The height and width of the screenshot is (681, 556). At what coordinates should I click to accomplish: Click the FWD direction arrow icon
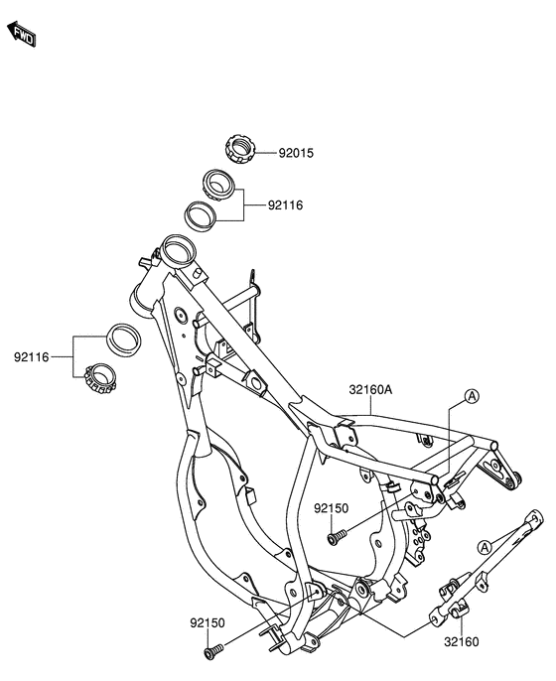click(x=22, y=35)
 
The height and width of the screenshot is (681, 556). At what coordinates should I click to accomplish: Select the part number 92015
click(x=295, y=154)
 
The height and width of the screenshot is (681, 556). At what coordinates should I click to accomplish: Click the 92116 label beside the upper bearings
click(x=284, y=205)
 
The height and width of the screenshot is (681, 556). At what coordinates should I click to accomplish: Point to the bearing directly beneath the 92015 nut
click(x=217, y=184)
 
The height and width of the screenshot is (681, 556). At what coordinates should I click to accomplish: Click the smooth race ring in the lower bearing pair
click(x=124, y=339)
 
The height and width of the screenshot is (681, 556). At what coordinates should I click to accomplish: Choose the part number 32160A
click(x=370, y=390)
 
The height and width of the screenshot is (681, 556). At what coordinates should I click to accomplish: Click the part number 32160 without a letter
click(x=463, y=642)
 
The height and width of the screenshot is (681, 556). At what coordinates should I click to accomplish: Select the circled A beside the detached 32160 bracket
click(x=484, y=547)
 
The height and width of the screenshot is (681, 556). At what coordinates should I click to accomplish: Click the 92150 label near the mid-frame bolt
click(x=331, y=507)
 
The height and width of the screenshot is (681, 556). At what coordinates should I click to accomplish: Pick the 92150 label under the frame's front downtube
click(x=208, y=622)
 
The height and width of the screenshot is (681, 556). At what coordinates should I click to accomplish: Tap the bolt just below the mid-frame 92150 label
click(x=335, y=538)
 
